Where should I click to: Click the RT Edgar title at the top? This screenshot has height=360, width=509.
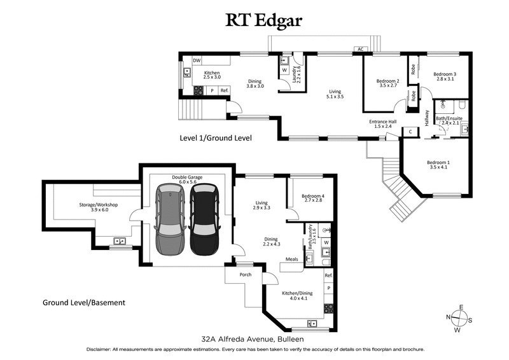coord(264,20)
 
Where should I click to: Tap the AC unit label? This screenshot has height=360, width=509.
coord(360,49)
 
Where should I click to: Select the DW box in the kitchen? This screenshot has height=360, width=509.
coord(197,60)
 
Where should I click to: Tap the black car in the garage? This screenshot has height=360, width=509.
coord(204,219)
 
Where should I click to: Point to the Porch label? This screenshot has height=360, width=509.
coord(245,275)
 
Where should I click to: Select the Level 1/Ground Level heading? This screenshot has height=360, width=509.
coord(216,137)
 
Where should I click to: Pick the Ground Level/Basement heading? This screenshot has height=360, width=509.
coord(83,302)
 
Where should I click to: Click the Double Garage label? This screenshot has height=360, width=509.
coord(186,179)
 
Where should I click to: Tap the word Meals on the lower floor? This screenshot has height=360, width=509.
coord(292,259)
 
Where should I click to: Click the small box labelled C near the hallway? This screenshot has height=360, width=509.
coord(410,132)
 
